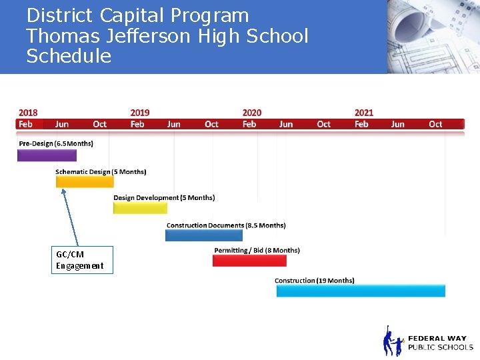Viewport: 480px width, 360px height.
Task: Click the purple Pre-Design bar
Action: point(47,155)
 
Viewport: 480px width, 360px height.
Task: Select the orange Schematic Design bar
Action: point(84,181)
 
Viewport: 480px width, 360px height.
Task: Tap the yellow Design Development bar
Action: point(140,208)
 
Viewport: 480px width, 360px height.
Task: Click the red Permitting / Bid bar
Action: point(249,261)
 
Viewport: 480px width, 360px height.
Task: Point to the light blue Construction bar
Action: point(360,291)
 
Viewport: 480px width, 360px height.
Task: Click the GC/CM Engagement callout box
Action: point(82,260)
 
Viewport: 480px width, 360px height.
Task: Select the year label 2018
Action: point(28,113)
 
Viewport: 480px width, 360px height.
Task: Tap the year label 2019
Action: point(140,113)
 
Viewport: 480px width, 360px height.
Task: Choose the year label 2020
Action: point(252,113)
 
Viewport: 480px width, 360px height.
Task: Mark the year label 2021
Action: point(364,113)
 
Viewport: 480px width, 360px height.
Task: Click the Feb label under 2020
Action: point(249,124)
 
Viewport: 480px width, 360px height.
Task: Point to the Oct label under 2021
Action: point(435,124)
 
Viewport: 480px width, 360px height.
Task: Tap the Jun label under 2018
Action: point(62,124)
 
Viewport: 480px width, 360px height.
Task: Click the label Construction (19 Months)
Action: point(315,281)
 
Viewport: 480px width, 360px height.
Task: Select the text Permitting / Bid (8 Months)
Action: point(257,251)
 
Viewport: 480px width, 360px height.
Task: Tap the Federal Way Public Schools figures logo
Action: point(393,342)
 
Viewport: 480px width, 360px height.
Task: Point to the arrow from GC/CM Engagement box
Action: point(70,217)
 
